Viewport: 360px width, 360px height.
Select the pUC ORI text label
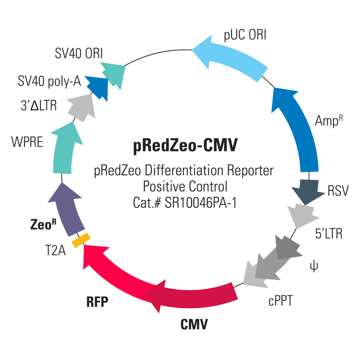[x=245, y=35]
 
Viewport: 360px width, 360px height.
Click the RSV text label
[x=338, y=190]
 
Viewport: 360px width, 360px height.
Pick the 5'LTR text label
[x=329, y=234]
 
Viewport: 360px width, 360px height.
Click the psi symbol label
[x=314, y=266]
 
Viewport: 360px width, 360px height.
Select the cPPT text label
[x=281, y=301]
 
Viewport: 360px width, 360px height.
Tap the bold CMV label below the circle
[x=194, y=324]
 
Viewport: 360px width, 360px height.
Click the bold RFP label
[x=97, y=302]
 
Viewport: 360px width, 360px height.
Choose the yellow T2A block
[x=81, y=240]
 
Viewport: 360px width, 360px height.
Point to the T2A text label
[x=55, y=250]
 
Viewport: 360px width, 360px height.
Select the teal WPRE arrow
[x=65, y=149]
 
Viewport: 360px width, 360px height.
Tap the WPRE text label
[x=27, y=142]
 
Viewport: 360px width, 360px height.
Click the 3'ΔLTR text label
[x=38, y=106]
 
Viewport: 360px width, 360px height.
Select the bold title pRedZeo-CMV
[x=185, y=146]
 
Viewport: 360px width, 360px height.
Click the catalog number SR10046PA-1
[x=201, y=203]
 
